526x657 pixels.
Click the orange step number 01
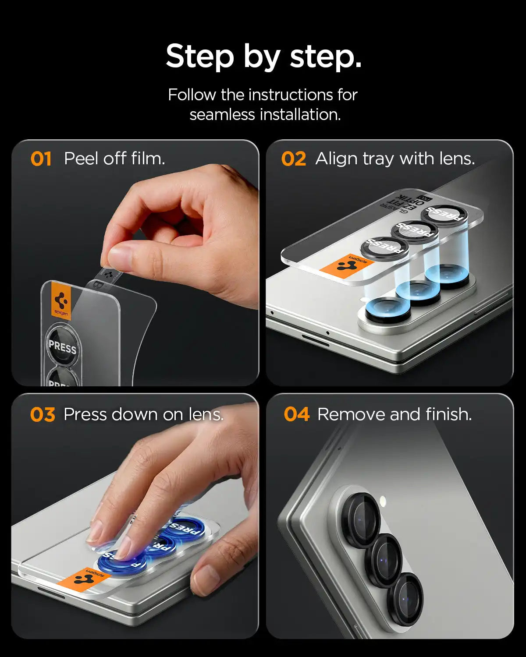point(41,159)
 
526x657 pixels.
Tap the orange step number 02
point(293,159)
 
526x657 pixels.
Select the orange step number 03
point(43,415)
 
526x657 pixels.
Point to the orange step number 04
point(296,414)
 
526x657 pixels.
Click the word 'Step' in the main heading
point(200,57)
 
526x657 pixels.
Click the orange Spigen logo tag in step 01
point(61,301)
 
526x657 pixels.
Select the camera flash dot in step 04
point(382,500)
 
